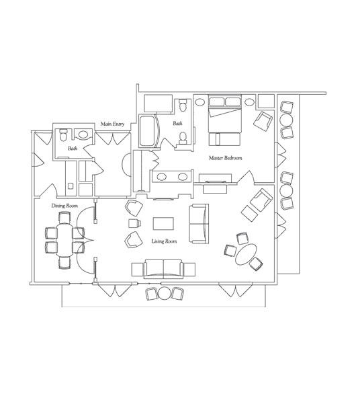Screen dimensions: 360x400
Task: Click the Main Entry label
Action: point(112,124)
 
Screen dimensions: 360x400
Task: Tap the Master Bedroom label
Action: point(225,158)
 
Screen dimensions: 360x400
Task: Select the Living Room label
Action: point(164,241)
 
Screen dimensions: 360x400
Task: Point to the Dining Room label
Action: point(64,206)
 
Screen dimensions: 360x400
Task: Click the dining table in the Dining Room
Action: point(64,240)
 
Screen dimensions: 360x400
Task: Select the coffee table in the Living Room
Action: point(163,224)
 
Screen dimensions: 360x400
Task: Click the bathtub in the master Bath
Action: point(148,131)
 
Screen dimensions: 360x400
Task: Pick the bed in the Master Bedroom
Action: point(225,114)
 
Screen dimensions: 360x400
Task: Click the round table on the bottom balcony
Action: point(165,294)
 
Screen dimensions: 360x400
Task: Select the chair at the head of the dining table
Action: point(64,217)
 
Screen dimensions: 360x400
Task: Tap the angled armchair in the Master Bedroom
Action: point(263,120)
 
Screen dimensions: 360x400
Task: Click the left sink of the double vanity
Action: point(161,176)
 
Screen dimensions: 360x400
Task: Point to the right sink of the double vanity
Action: point(183,176)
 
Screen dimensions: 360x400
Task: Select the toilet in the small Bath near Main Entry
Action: point(62,134)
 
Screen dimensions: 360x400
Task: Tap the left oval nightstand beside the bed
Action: point(200,102)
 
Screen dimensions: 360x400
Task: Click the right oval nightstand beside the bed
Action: point(249,102)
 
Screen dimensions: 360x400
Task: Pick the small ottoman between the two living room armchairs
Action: point(134,223)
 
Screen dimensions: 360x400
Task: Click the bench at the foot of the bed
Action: point(224,139)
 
